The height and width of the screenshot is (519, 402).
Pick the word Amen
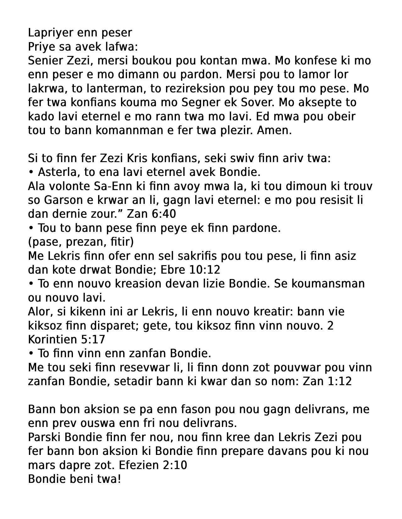pos(274,130)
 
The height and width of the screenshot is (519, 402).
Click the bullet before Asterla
pos(31,172)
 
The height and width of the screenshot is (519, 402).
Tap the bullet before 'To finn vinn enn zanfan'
pos(31,353)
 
